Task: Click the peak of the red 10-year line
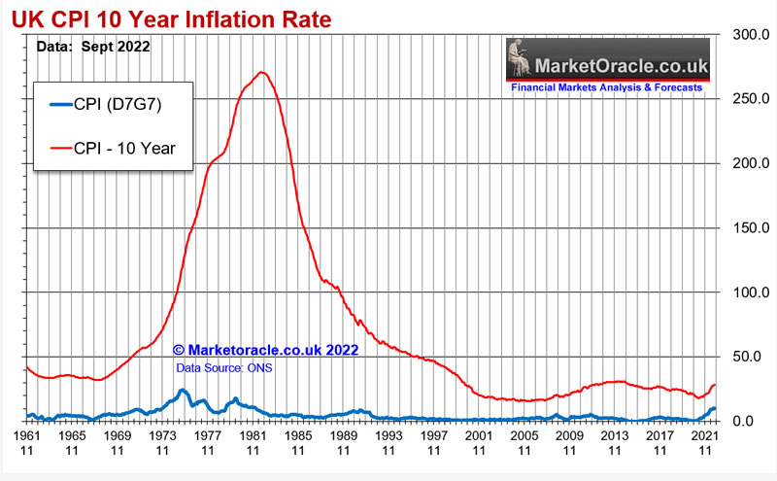261,72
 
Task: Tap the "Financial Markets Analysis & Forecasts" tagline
607,87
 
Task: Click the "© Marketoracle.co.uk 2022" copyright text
266,350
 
